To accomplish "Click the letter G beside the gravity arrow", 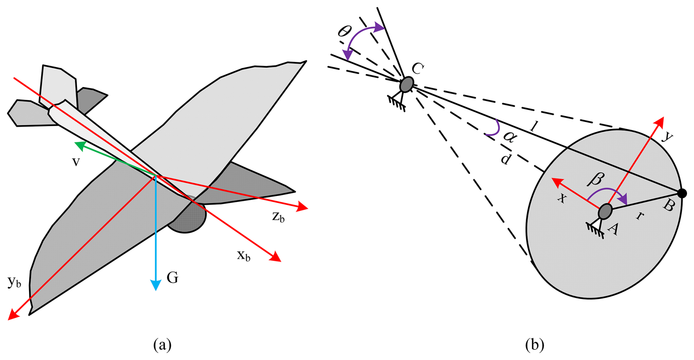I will pyautogui.click(x=172, y=278).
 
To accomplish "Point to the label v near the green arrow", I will pyautogui.click(x=76, y=162).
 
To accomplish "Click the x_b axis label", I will pyautogui.click(x=244, y=255).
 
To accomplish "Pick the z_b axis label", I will pyautogui.click(x=278, y=217).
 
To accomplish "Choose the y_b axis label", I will pyautogui.click(x=14, y=282).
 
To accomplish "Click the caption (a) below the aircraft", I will pyautogui.click(x=162, y=345).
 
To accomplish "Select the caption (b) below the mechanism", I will pyautogui.click(x=535, y=345).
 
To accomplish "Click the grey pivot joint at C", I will pyautogui.click(x=406, y=84).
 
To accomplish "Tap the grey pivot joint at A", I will pyautogui.click(x=605, y=211).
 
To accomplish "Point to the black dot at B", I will pyautogui.click(x=682, y=193).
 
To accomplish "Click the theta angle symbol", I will pyautogui.click(x=344, y=32).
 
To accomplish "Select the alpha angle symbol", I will pyautogui.click(x=510, y=137).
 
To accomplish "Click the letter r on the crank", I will pyautogui.click(x=640, y=215).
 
